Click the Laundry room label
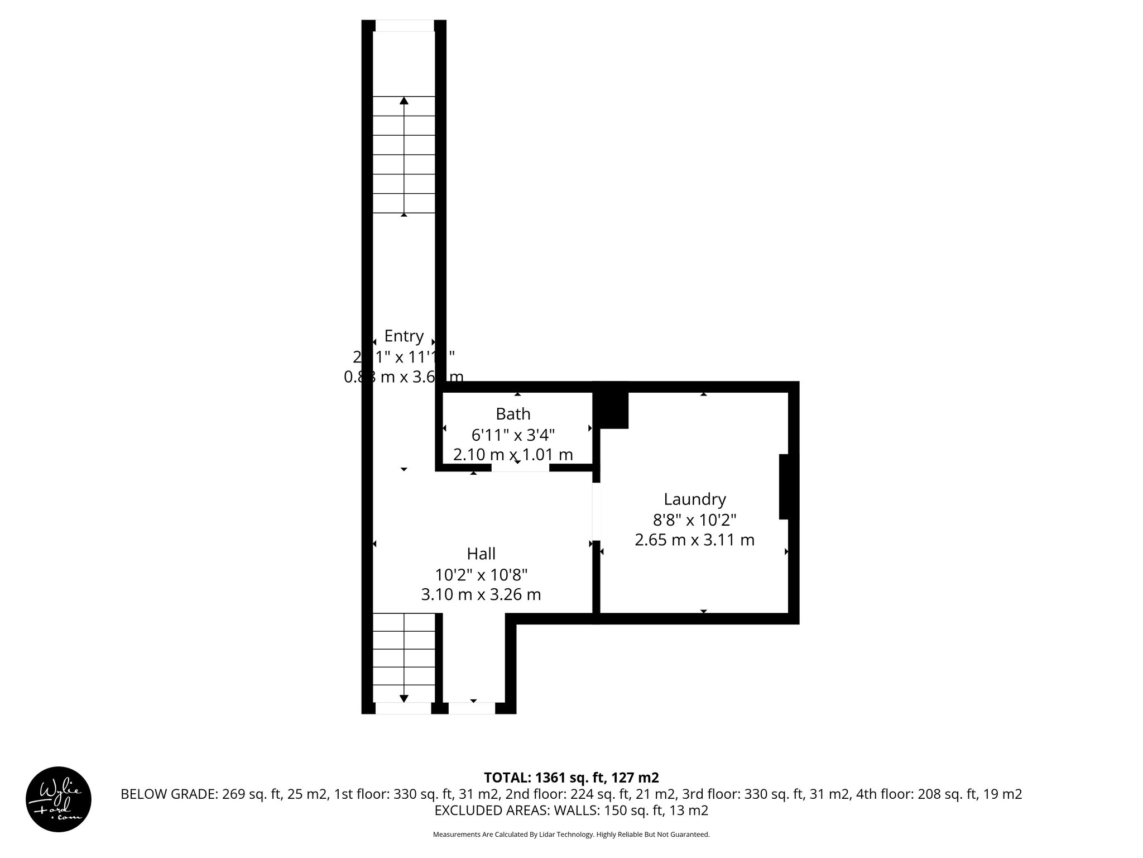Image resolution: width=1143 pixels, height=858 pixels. (694, 499)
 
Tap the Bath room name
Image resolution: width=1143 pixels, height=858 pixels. (513, 414)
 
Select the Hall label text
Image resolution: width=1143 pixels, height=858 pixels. (481, 554)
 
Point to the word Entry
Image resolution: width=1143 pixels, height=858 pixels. (404, 336)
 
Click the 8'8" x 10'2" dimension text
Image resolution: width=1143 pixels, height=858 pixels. (694, 519)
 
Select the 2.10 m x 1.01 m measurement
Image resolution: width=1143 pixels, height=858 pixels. (513, 455)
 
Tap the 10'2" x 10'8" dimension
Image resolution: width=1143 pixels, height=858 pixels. (481, 574)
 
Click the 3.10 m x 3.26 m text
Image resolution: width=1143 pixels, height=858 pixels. (481, 594)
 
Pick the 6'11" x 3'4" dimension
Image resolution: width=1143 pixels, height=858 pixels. (513, 435)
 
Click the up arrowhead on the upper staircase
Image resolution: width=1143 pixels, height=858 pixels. (404, 101)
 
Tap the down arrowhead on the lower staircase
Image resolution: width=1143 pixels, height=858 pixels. (404, 699)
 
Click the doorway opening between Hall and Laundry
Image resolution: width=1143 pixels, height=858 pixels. (596, 512)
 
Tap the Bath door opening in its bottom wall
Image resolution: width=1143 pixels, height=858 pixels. (520, 468)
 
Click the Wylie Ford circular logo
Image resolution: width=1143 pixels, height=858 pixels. (59, 799)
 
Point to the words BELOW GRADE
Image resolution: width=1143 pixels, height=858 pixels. (167, 794)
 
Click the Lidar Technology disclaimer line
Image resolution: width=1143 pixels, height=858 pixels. (571, 835)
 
